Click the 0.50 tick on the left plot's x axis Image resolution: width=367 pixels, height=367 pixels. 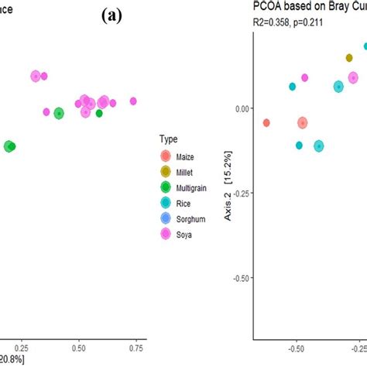point(77,348)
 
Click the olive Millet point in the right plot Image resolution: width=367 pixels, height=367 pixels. point(349,58)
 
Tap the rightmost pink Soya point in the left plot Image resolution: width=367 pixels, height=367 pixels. point(133,101)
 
